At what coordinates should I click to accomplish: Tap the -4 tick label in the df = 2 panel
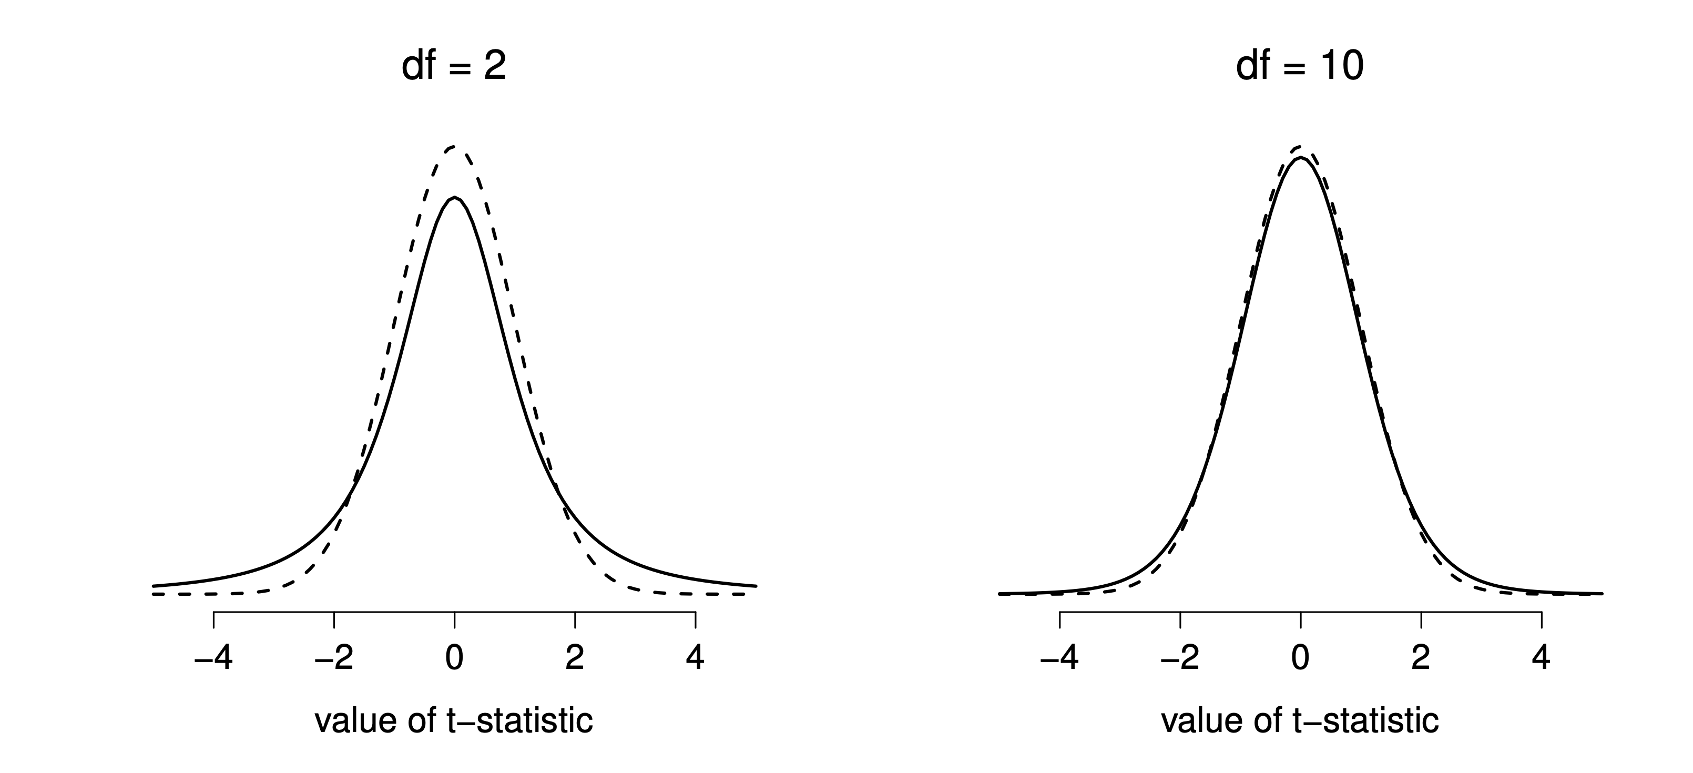pos(213,658)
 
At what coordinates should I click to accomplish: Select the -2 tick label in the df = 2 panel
pos(334,658)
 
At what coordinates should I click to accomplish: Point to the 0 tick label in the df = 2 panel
pos(454,658)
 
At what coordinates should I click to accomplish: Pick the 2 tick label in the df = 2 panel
pos(575,658)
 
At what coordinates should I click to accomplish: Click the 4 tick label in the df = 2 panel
pos(695,658)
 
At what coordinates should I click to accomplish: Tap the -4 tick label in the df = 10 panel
pos(1059,658)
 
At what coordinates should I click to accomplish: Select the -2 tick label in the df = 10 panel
pos(1180,658)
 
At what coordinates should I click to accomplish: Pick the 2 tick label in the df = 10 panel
pos(1421,658)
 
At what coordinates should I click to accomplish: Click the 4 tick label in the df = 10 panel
pos(1541,658)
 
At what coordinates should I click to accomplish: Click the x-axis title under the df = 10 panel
pos(1299,721)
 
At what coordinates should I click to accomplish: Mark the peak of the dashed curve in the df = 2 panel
pos(454,146)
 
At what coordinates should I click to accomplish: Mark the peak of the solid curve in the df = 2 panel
pos(454,197)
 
